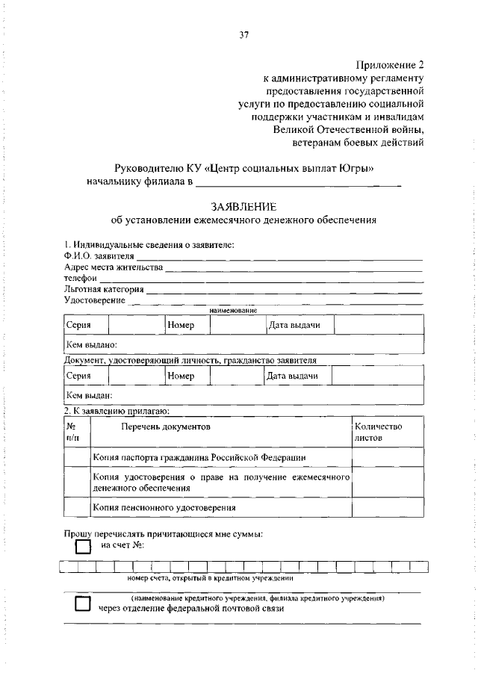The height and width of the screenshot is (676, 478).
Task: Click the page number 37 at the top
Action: point(243,34)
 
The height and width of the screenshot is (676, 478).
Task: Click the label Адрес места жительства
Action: point(113,267)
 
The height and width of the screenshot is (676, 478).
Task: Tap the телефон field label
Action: point(81,278)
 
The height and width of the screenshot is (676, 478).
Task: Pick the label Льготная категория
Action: point(104,289)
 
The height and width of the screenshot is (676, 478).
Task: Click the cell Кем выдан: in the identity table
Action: point(89,395)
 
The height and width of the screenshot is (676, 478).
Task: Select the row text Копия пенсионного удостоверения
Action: point(164,507)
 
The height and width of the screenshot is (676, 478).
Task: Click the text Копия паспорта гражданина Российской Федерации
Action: point(199,457)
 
